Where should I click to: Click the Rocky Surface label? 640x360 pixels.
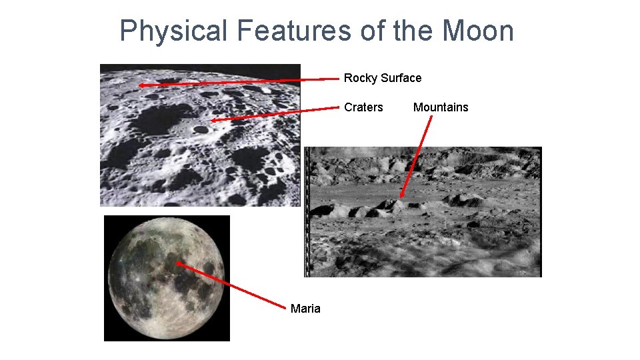[x=383, y=78]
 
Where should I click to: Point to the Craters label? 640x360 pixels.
[x=363, y=107]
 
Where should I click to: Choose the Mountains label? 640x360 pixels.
[x=441, y=107]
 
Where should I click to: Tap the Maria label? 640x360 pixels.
[x=305, y=309]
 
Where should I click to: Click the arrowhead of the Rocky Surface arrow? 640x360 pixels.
[x=141, y=85]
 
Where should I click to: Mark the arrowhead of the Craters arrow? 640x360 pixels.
[x=213, y=121]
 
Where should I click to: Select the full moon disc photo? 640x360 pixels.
[x=167, y=278]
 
